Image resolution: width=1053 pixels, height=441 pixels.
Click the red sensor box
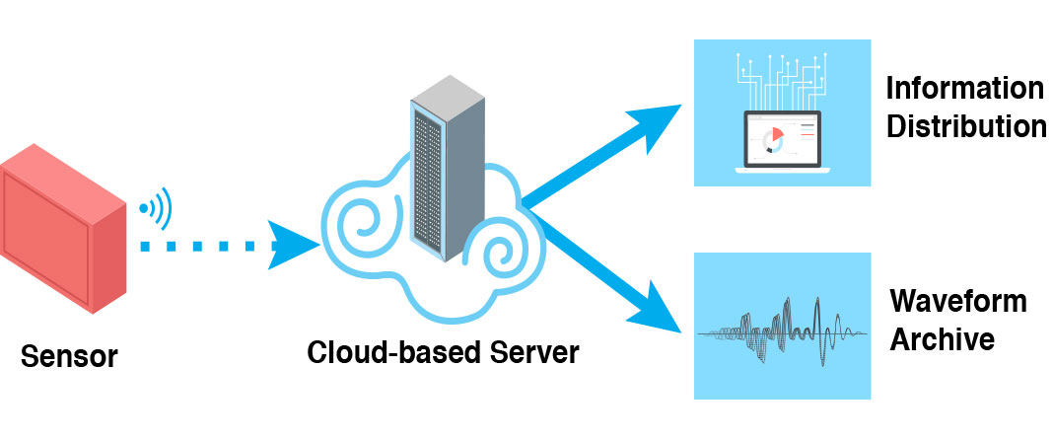click(x=63, y=233)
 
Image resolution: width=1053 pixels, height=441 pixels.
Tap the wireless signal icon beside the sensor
click(x=156, y=208)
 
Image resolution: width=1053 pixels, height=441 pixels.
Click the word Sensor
click(x=69, y=355)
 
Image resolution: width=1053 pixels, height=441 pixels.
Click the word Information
click(x=963, y=89)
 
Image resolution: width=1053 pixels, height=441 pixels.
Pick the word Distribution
click(x=964, y=126)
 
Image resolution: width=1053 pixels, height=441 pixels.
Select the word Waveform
click(x=957, y=301)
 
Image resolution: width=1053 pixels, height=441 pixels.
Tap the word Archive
click(x=942, y=338)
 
